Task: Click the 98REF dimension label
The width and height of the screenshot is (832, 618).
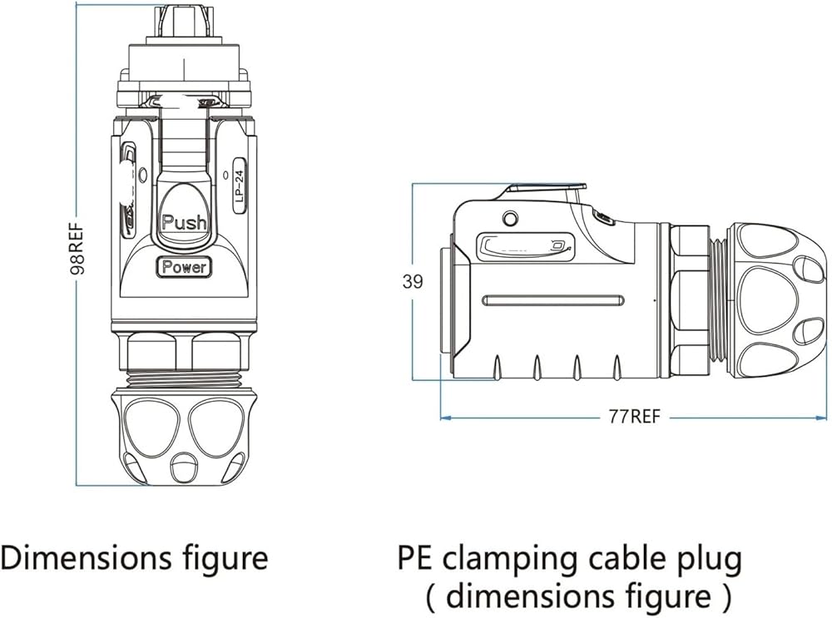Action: tap(77, 247)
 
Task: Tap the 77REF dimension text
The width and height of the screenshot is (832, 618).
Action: tap(634, 417)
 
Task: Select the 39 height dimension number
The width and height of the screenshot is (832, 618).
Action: tap(413, 281)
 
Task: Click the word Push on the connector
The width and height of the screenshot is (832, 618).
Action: tap(184, 222)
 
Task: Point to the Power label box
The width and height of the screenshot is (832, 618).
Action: tap(184, 267)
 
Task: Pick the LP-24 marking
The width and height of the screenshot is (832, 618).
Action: tap(240, 185)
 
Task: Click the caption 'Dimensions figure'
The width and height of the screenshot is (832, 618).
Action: tap(134, 558)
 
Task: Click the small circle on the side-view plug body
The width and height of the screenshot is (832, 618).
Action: tap(510, 218)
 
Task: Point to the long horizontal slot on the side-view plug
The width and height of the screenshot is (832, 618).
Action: tap(553, 300)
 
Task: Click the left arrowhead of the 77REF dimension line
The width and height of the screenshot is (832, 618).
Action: tap(445, 418)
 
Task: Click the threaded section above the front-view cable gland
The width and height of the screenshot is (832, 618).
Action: tap(184, 378)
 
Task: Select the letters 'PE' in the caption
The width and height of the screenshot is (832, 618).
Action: tap(415, 559)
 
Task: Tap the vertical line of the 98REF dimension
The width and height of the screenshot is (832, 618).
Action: tap(77, 244)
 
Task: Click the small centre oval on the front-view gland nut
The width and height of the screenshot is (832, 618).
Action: tap(184, 465)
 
